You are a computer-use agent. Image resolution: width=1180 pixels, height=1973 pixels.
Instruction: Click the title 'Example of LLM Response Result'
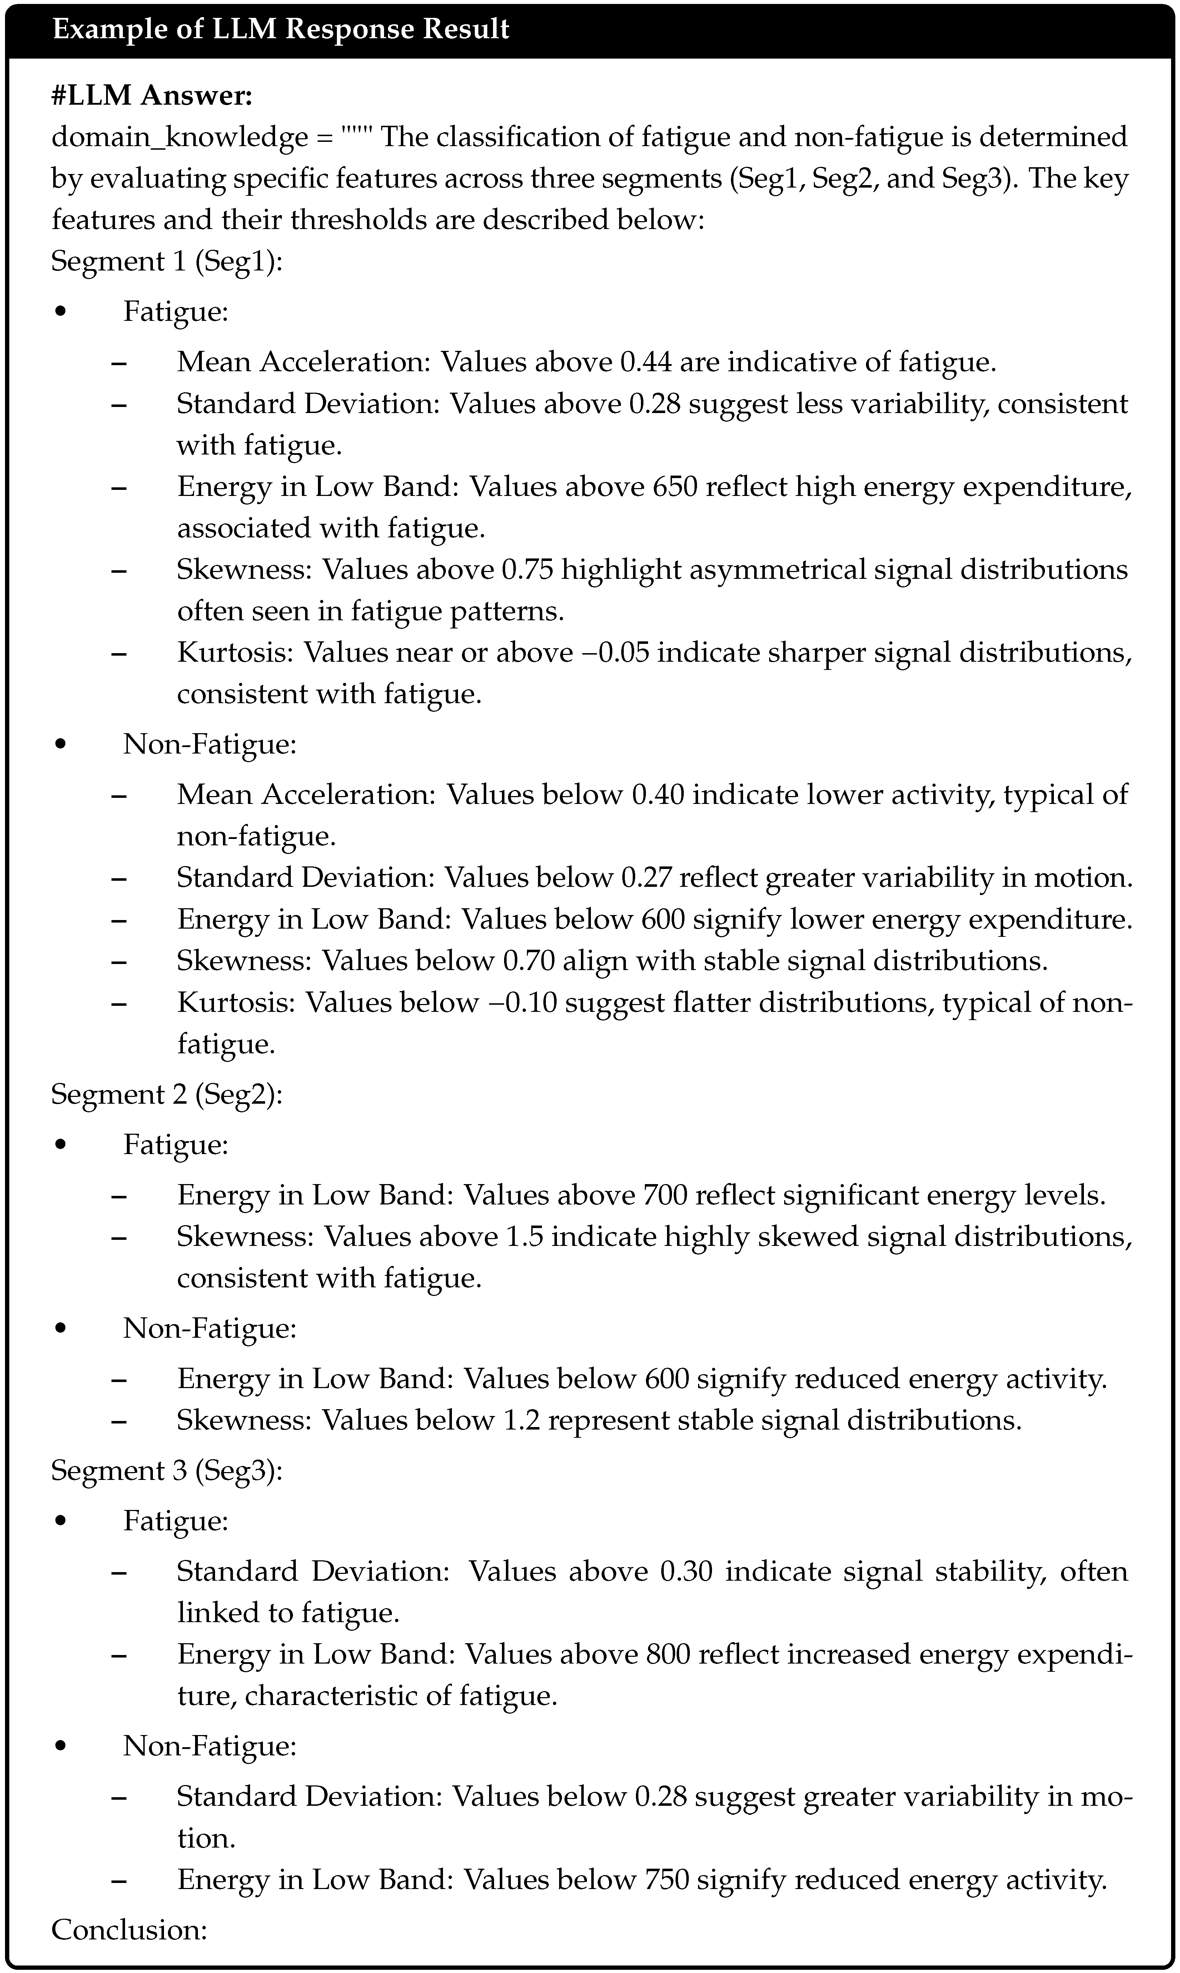(281, 29)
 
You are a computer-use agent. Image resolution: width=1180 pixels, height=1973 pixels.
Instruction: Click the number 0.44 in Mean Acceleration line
(646, 362)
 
